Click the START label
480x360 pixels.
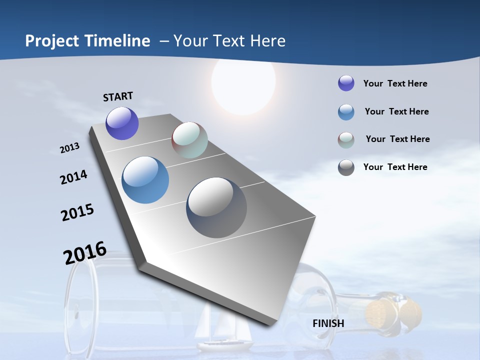pyautogui.click(x=118, y=96)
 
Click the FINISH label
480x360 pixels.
pyautogui.click(x=328, y=323)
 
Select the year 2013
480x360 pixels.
pyautogui.click(x=70, y=148)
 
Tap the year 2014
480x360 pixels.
pyautogui.click(x=74, y=177)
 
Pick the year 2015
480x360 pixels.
pyautogui.click(x=77, y=212)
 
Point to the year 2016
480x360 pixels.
pyautogui.click(x=85, y=253)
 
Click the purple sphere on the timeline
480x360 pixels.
pyautogui.click(x=122, y=123)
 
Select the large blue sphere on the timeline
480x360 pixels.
pyautogui.click(x=145, y=180)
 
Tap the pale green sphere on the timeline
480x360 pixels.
pyautogui.click(x=189, y=140)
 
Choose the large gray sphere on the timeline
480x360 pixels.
pyautogui.click(x=216, y=207)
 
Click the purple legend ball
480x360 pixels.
pyautogui.click(x=346, y=83)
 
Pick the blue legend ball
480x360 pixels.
pyautogui.click(x=346, y=112)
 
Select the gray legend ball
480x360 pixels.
pyautogui.click(x=346, y=167)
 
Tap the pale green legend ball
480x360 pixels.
pyautogui.click(x=346, y=140)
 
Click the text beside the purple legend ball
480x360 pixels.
pyautogui.click(x=395, y=83)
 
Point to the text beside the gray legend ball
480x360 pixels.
pyautogui.click(x=395, y=167)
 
